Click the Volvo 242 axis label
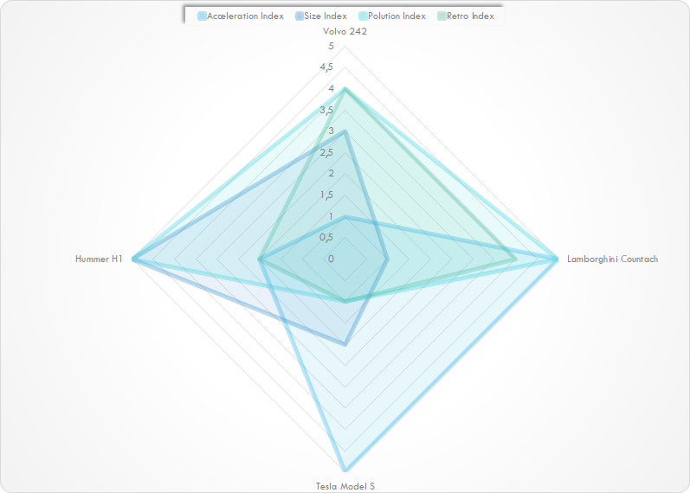345,32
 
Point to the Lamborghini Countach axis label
612,259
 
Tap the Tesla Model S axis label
345,486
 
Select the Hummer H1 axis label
99,259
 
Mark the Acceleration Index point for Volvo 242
345,216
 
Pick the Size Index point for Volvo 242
345,131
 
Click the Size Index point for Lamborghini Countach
387,259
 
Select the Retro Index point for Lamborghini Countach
515,259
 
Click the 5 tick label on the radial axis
330,46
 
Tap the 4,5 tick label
326,67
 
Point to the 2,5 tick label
326,152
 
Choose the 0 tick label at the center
330,259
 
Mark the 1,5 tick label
326,195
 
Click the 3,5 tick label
326,110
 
